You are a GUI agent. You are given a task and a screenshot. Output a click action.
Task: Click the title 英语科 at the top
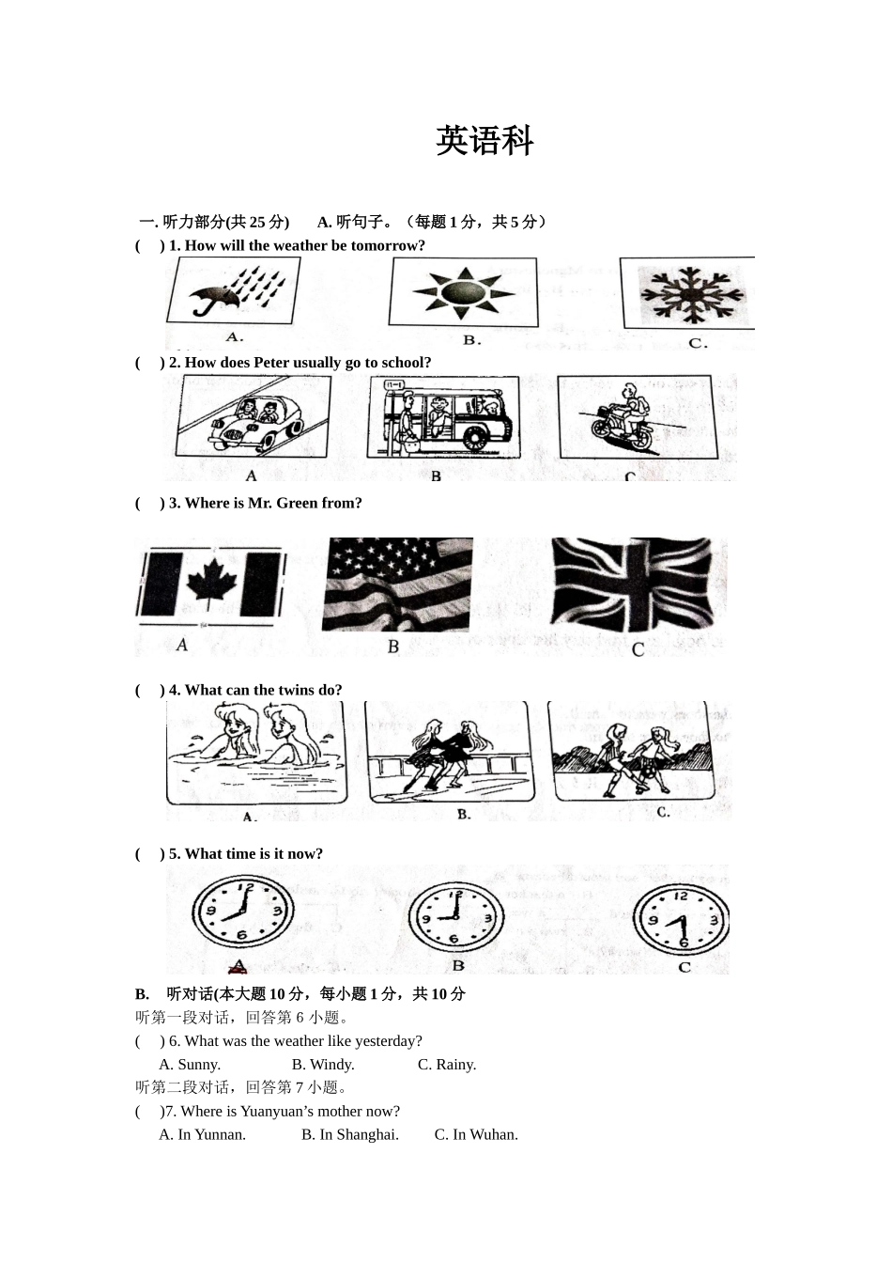coord(484,141)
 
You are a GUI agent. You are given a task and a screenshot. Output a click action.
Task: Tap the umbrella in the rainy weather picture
coord(210,299)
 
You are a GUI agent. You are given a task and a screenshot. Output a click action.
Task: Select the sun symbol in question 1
coord(463,292)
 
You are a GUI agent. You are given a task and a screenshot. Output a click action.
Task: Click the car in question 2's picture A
coord(250,421)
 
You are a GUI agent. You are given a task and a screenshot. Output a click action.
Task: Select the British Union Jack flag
coord(638,585)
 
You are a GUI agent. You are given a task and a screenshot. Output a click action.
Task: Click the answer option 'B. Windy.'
coord(323,1065)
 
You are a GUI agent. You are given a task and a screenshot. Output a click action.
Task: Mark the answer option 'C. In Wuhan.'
coord(476,1134)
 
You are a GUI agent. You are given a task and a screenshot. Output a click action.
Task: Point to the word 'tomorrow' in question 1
coord(388,246)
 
